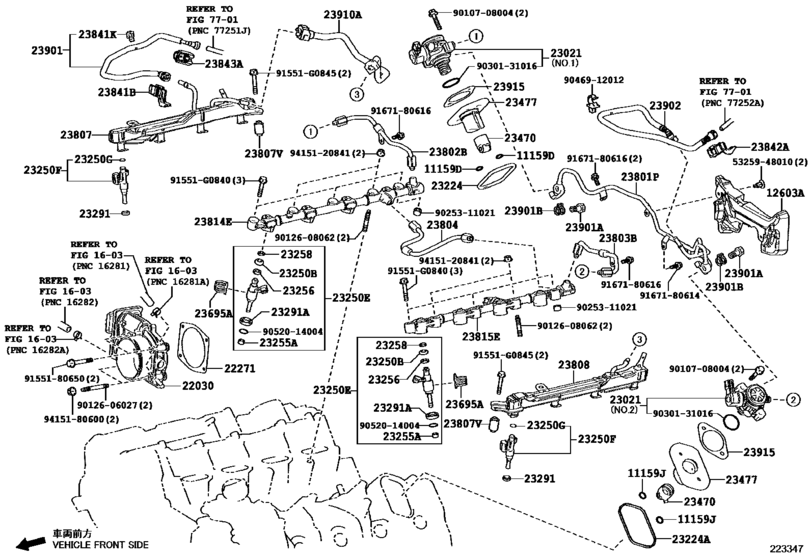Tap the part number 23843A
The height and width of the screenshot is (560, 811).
[x=224, y=63]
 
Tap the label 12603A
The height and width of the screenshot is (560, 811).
[x=784, y=194]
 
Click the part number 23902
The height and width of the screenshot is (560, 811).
[x=664, y=105]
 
